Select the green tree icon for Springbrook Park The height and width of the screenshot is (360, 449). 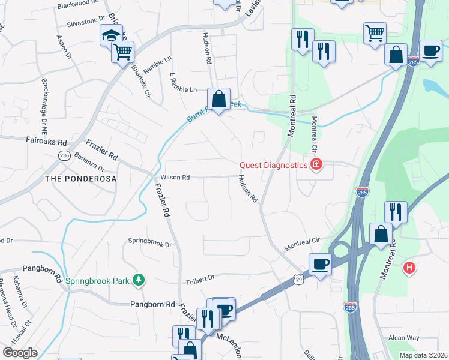coord(139,280)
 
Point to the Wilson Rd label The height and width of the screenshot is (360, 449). coord(175,178)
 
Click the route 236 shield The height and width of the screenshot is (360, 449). coord(64,155)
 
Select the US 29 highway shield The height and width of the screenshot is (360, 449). coord(298,279)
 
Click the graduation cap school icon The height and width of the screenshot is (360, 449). coord(111,35)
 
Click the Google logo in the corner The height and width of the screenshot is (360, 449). coord(20,353)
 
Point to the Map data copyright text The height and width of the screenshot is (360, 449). coord(424,355)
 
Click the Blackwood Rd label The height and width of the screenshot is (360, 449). coord(78,4)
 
